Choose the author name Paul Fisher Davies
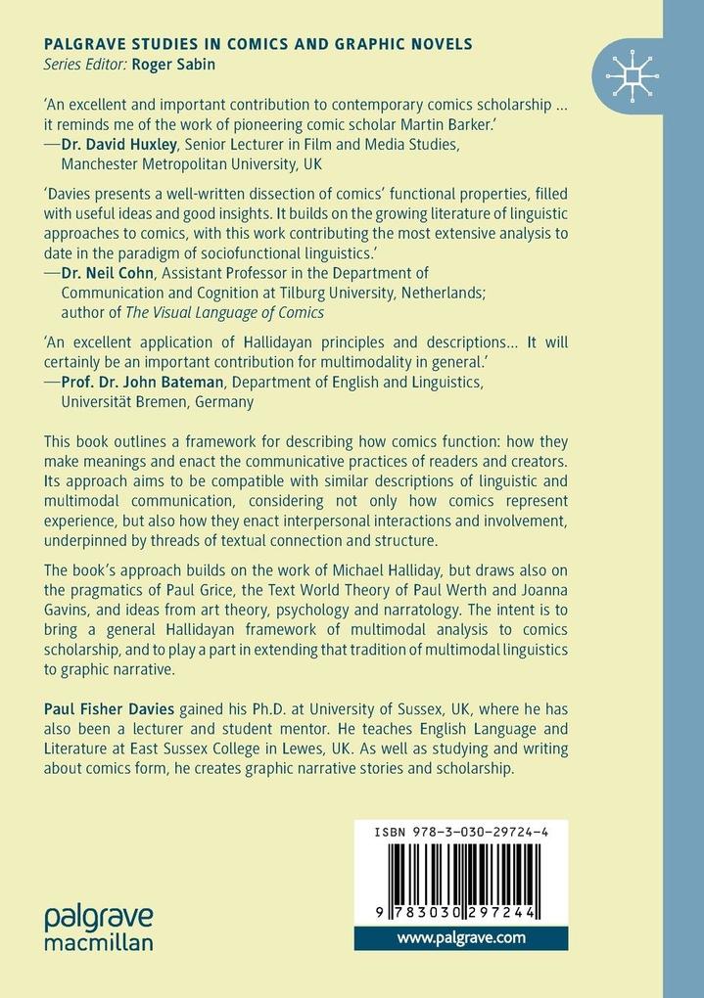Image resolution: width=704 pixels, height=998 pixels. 108,707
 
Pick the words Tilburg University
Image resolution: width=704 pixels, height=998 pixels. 384,293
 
